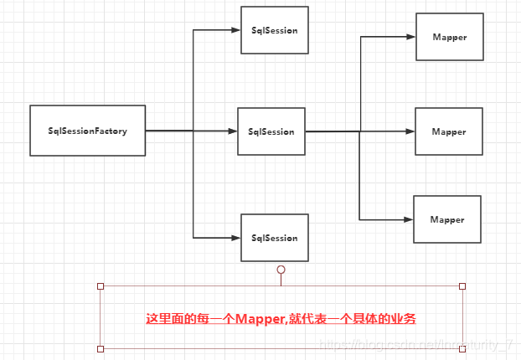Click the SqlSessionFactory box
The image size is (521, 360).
[88, 131]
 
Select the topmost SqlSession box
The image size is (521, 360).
[274, 30]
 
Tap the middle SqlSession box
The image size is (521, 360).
[271, 131]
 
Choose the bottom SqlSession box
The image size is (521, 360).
[274, 238]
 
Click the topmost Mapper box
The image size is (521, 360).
[449, 37]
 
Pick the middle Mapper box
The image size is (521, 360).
[449, 131]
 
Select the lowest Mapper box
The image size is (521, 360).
[447, 219]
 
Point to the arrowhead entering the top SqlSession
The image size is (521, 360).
[235, 31]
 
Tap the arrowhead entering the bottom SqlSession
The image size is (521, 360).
[235, 238]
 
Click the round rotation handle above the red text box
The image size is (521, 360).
[281, 270]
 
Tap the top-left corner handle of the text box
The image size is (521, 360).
[101, 286]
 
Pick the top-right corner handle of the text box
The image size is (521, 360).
[462, 286]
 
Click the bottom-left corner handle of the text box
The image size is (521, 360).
[101, 348]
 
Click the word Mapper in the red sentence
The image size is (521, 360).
[260, 319]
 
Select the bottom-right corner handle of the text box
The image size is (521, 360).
[462, 348]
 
